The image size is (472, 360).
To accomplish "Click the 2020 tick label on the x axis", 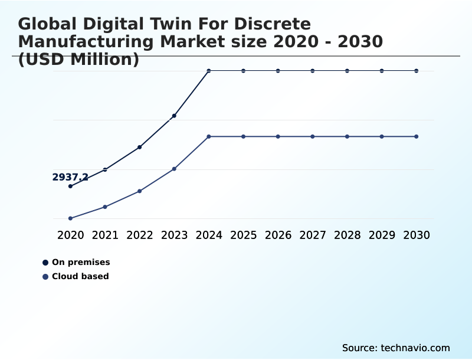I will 70,235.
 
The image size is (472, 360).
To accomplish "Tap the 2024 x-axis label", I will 209,235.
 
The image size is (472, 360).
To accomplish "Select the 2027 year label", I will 313,235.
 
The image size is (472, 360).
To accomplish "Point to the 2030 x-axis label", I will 417,235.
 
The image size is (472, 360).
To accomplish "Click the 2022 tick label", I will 140,235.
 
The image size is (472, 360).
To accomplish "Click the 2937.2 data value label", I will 70,177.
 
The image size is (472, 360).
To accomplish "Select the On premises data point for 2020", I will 70,186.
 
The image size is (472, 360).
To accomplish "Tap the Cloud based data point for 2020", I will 70,218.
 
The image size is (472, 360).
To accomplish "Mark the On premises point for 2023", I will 174,116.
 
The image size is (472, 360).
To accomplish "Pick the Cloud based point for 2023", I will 174,169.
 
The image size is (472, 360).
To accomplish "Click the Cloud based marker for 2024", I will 209,136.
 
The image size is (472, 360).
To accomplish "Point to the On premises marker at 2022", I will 140,147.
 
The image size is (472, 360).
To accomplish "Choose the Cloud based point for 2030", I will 417,136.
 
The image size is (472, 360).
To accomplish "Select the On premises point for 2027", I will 313,71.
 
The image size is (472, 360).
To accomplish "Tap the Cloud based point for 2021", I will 105,207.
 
